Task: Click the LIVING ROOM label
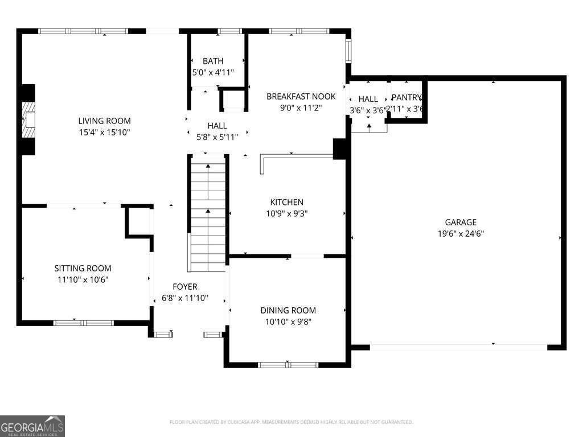(x=104, y=121)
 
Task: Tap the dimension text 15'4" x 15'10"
(x=104, y=132)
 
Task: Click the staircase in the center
(x=208, y=213)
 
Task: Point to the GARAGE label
(x=461, y=222)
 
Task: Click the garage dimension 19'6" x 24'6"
(x=461, y=233)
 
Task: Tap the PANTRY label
(x=407, y=98)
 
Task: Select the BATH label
(x=213, y=61)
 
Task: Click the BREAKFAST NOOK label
(x=301, y=96)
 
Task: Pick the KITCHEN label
(x=286, y=202)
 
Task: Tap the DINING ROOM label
(x=288, y=310)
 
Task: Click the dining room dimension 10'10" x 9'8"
(x=288, y=321)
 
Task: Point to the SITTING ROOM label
(x=83, y=268)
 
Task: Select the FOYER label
(x=185, y=287)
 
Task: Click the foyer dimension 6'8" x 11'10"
(x=185, y=298)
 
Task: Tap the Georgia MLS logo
(x=32, y=426)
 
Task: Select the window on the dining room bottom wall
(x=289, y=364)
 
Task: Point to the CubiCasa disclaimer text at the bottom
(x=291, y=422)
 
